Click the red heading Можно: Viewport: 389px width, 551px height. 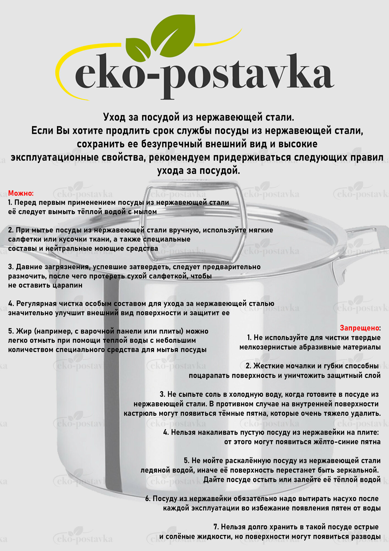point(21,193)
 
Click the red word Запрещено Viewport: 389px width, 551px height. point(359,328)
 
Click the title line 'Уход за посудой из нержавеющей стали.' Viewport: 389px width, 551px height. point(199,117)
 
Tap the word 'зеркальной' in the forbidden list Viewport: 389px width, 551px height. point(358,470)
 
